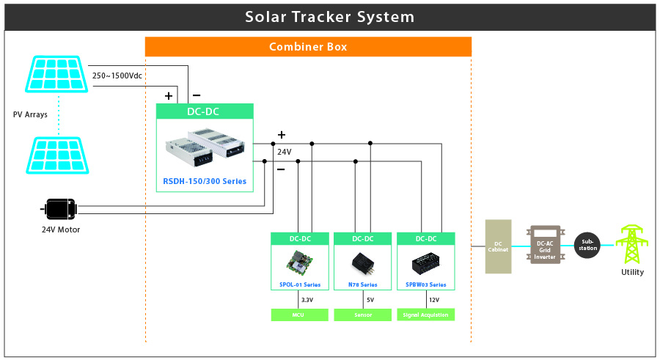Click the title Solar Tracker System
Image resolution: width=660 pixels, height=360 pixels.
(x=329, y=16)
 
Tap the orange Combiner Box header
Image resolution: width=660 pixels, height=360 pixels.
(x=308, y=47)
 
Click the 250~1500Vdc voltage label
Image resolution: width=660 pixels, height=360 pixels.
(x=117, y=75)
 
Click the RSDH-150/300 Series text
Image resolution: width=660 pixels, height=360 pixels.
(x=205, y=181)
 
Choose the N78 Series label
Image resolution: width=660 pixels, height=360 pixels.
(x=362, y=284)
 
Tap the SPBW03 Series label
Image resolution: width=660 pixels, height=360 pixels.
(x=425, y=284)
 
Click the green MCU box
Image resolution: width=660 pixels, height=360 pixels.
(x=298, y=315)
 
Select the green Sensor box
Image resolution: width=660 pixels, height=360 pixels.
(x=362, y=315)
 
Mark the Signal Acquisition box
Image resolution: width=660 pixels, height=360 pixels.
(x=425, y=315)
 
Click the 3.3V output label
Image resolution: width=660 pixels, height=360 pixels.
(x=307, y=299)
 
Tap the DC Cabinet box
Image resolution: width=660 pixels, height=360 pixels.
(x=498, y=246)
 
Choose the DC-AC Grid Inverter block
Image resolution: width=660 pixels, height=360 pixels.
(x=545, y=246)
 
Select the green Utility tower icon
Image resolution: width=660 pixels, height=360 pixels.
(x=631, y=243)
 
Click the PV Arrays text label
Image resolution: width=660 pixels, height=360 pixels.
(x=29, y=114)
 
